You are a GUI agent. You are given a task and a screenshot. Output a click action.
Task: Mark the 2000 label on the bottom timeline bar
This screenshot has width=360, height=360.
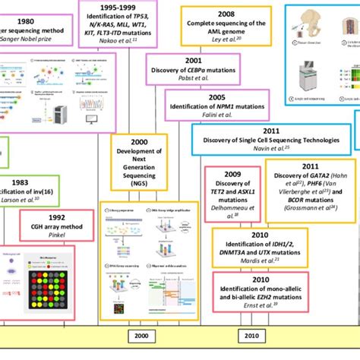[141, 336]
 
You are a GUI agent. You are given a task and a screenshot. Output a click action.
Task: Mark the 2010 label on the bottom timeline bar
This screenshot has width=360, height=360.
[251, 336]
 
